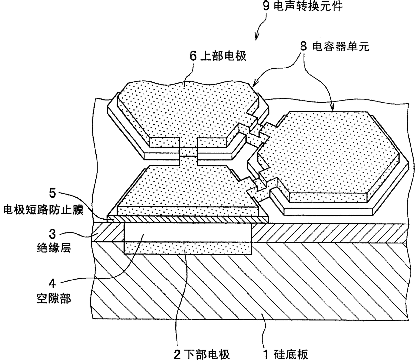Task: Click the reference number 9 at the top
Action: tap(266, 6)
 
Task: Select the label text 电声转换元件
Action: tap(308, 6)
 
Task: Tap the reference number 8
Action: tap(303, 46)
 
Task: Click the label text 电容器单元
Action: tap(341, 47)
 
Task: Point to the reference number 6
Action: tap(193, 56)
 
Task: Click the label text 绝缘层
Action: tap(53, 248)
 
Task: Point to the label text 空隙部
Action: tap(53, 298)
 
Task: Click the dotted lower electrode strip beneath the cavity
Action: tap(187, 248)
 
